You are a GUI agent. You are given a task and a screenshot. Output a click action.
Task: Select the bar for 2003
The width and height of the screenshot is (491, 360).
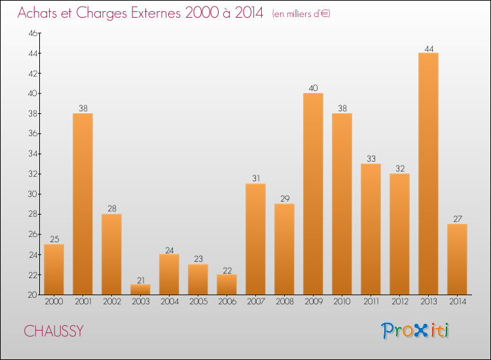[140, 289]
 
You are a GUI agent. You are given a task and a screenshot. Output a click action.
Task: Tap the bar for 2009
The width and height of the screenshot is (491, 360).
[313, 194]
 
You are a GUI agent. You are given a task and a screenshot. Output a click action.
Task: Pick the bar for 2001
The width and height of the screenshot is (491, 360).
[82, 204]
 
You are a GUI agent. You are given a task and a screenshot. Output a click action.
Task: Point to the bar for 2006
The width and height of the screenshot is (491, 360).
[227, 285]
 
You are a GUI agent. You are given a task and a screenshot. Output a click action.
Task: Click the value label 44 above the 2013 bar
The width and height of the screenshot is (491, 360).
[428, 48]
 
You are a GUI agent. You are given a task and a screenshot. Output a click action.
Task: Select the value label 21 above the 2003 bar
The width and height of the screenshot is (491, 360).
[140, 279]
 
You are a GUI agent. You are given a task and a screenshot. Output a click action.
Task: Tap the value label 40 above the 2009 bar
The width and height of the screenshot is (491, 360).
[313, 88]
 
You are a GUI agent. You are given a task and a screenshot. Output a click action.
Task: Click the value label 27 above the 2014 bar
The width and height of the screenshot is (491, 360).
[457, 219]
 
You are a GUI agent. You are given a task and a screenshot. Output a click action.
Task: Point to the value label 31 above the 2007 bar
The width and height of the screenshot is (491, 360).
[255, 179]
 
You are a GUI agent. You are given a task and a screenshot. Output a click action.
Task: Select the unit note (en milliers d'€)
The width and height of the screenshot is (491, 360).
[301, 14]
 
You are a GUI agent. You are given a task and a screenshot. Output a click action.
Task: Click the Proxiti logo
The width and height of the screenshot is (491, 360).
[415, 331]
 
